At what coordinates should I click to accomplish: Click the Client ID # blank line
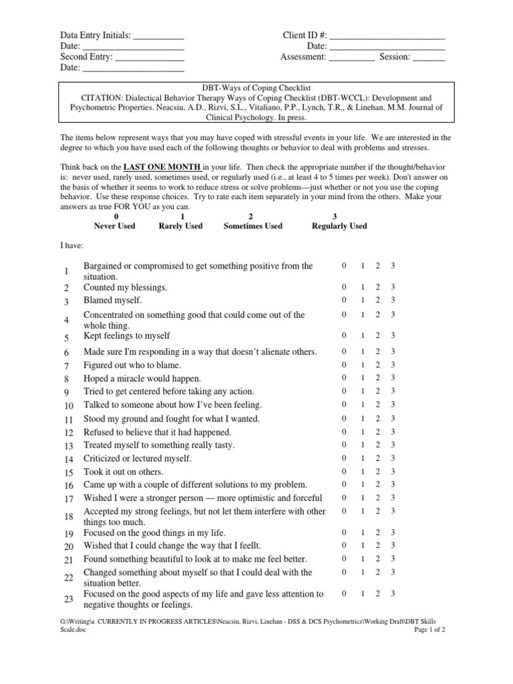pos(387,36)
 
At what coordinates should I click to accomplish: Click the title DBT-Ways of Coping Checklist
pos(256,88)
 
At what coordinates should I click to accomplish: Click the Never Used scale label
pos(114,226)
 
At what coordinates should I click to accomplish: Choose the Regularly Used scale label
pos(339,226)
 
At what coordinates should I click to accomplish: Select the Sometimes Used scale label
pos(252,226)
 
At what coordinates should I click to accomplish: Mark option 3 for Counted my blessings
pos(393,287)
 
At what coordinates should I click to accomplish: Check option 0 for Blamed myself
pos(344,300)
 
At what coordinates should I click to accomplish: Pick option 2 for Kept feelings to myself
pos(377,335)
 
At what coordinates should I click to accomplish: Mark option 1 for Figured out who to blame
pos(362,365)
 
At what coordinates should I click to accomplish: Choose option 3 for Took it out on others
pos(393,471)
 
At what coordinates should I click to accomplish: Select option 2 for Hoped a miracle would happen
pos(377,378)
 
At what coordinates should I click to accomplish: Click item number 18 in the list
pos(69,517)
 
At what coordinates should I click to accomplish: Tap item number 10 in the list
pos(69,406)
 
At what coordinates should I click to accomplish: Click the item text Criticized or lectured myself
pos(137,458)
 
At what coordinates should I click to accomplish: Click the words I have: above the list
pos(73,246)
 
